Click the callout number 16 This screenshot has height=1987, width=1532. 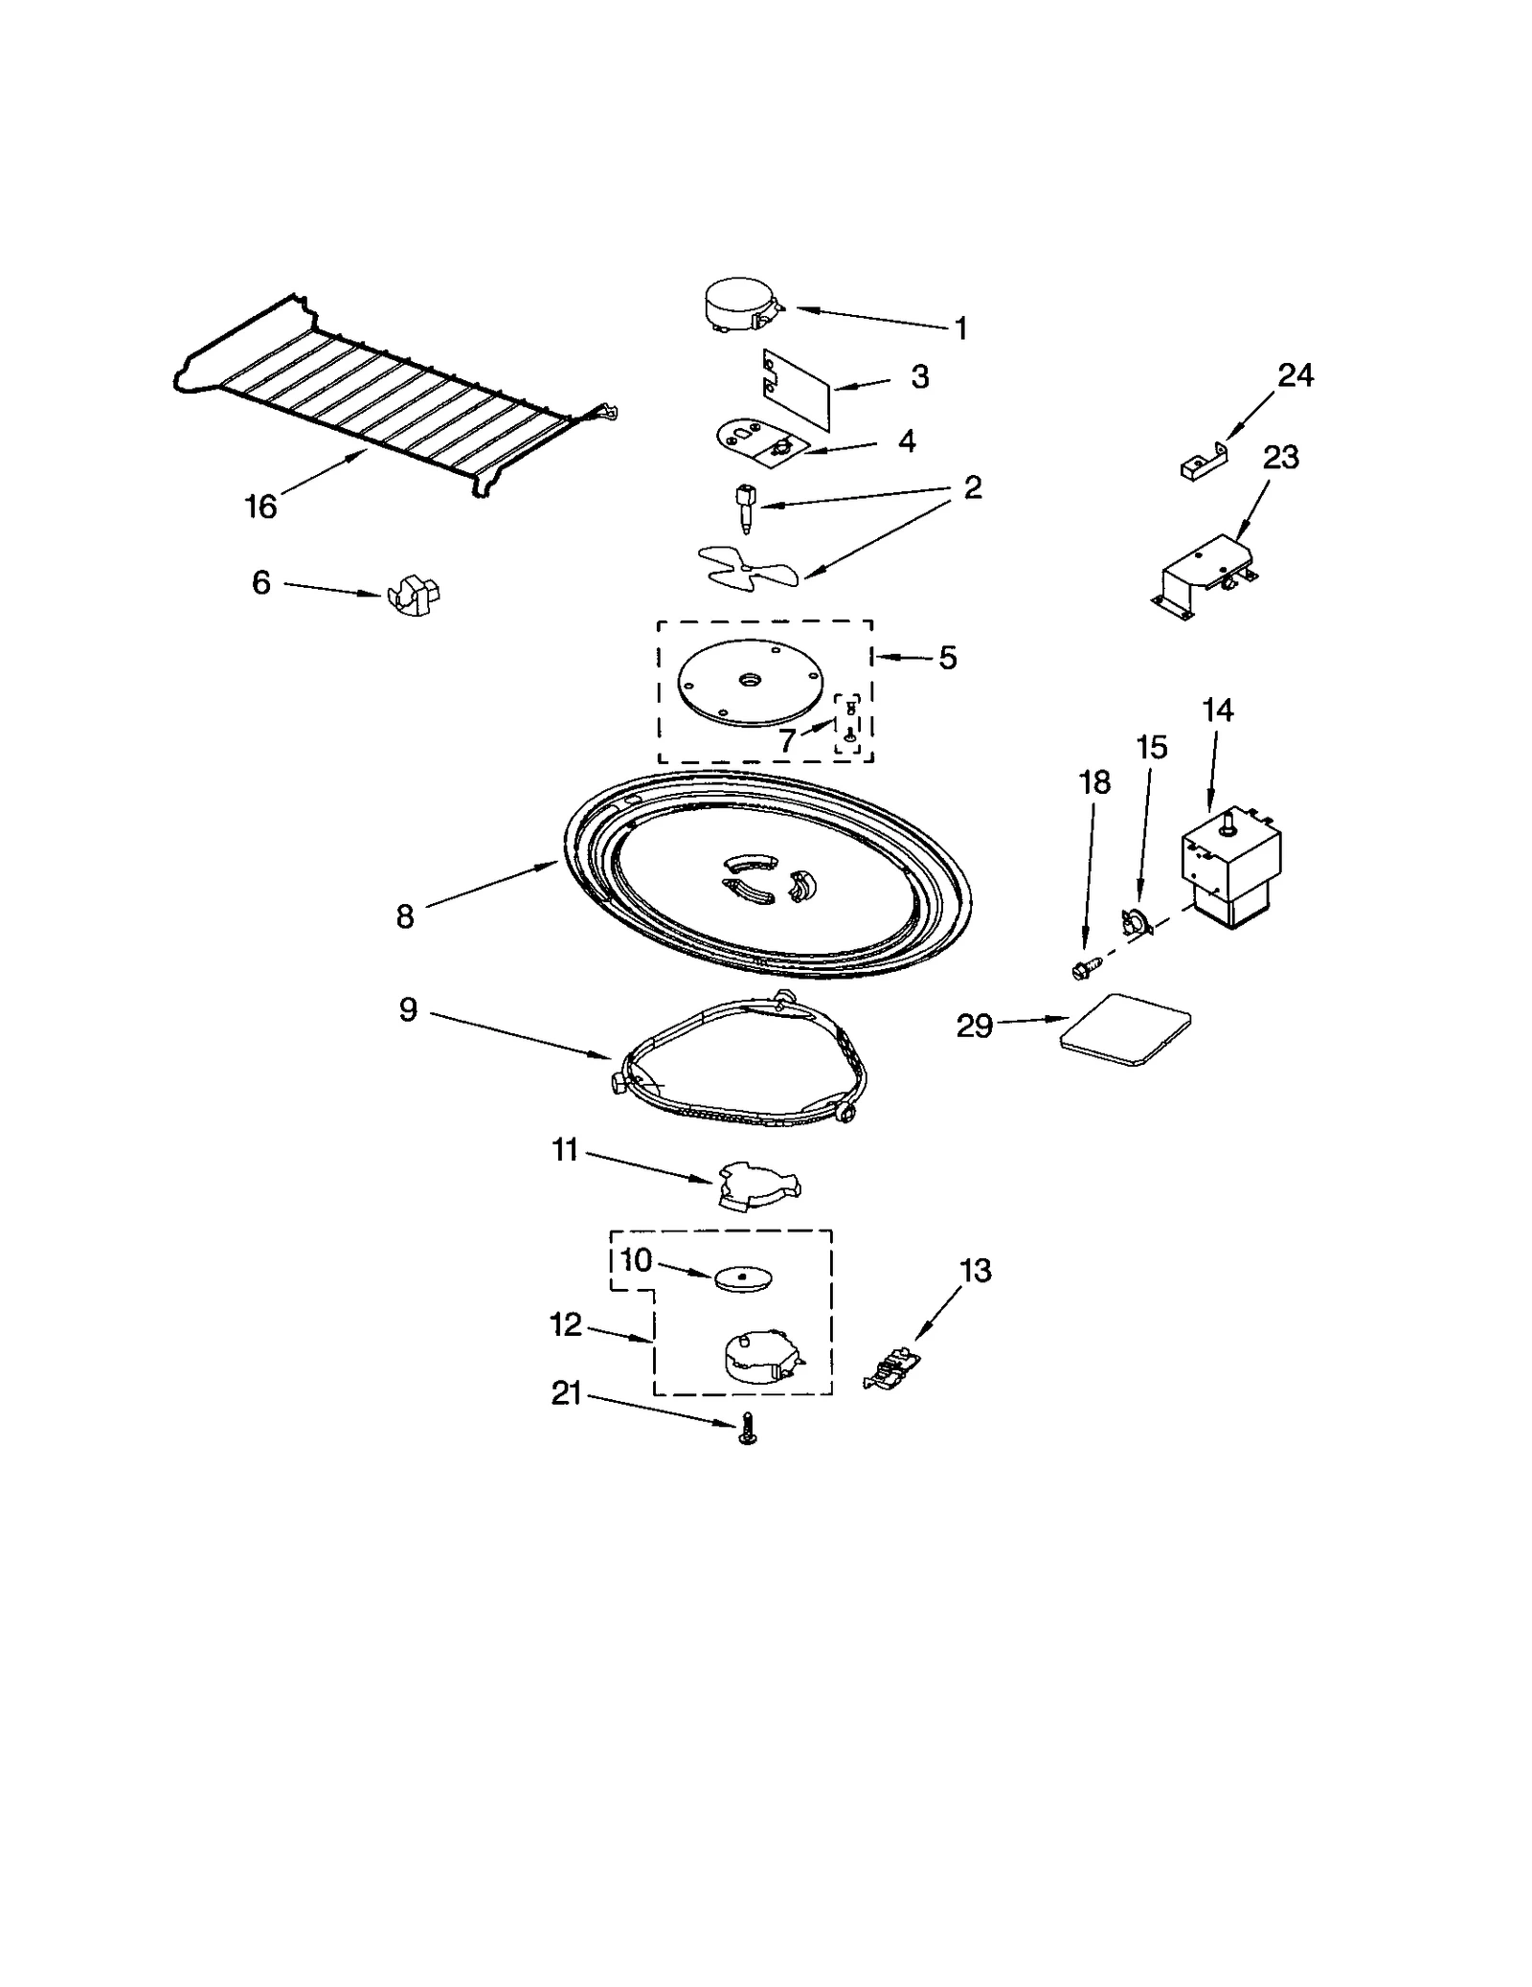click(260, 506)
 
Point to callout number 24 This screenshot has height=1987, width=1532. click(1295, 375)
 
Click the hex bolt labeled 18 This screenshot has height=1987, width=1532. click(1082, 969)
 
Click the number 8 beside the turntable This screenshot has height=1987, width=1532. click(405, 916)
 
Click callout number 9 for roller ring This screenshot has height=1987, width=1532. click(408, 1009)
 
